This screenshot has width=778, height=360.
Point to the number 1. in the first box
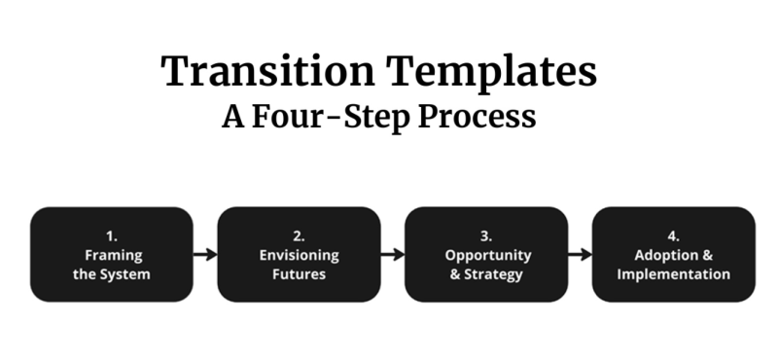[x=111, y=235]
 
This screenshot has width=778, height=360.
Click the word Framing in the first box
[x=111, y=255]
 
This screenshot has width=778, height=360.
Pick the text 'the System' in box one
[x=111, y=273]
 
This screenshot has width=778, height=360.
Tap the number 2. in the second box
[x=299, y=235]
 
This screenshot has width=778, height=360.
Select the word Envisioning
[x=299, y=255]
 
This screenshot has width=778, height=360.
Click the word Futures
[x=299, y=273]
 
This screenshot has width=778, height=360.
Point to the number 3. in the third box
[x=486, y=235]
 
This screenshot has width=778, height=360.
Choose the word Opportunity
[x=486, y=255]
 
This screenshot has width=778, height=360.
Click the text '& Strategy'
[x=486, y=273]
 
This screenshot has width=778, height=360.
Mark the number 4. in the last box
[x=673, y=235]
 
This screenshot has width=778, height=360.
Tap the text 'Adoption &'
[x=673, y=255]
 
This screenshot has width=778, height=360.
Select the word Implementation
[x=673, y=273]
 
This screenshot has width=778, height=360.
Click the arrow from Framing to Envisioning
[x=204, y=255]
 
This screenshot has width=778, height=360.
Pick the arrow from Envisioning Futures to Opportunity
[x=392, y=255]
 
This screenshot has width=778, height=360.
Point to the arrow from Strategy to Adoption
[x=580, y=255]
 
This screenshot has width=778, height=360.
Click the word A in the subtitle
[x=231, y=117]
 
